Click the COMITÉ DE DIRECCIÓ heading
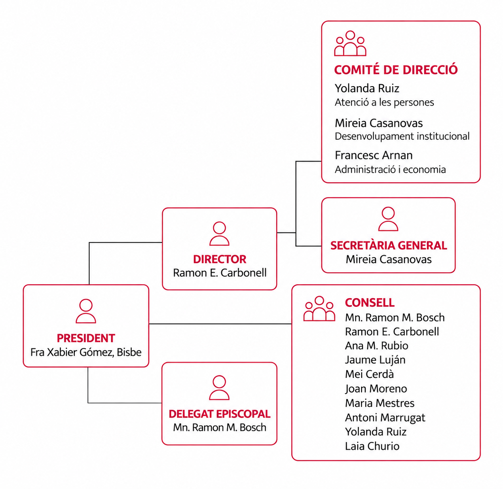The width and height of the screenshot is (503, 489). tap(396, 70)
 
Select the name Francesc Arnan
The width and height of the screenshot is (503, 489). tap(374, 155)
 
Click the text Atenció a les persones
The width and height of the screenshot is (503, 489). tap(384, 102)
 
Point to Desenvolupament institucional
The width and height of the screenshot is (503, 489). tap(402, 136)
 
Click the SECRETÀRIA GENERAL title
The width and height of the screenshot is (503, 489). tap(389, 245)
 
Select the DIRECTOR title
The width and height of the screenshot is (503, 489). tap(220, 259)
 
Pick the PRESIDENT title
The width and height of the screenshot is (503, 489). tap(86, 338)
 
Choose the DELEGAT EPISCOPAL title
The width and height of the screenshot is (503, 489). tap(220, 414)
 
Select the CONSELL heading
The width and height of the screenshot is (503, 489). tap(370, 303)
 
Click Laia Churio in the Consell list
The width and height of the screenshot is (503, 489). tap(372, 446)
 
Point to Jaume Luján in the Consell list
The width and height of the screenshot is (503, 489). tap(375, 360)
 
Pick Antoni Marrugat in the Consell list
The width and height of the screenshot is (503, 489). tap(385, 417)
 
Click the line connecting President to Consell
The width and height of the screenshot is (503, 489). tap(220, 323)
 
